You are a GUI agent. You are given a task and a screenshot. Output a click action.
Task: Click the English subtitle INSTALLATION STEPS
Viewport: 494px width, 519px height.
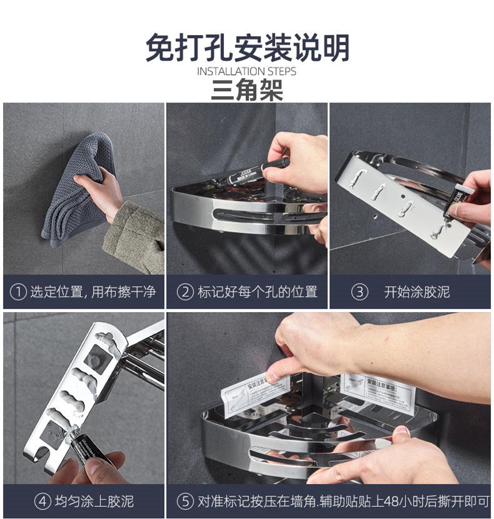coord(247,71)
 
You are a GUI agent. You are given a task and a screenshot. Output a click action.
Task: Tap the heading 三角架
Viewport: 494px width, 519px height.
coord(247,91)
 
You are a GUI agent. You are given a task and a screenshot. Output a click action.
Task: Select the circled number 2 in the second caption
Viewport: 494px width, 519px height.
coord(184,291)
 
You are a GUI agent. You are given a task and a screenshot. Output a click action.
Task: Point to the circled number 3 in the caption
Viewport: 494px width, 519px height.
coord(359,291)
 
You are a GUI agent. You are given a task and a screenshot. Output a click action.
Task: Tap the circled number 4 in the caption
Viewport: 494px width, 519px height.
coord(43,501)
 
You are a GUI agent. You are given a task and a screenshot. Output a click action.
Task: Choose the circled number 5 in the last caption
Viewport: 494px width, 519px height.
coord(184,501)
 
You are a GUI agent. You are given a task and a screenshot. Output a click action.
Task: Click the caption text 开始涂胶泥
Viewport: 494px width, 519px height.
coord(416,291)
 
